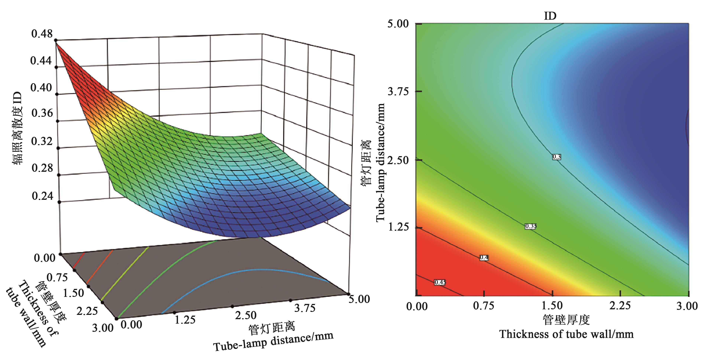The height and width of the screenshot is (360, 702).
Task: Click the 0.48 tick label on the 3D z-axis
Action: [x=42, y=34]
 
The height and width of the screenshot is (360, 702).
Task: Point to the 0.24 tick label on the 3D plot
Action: [x=42, y=196]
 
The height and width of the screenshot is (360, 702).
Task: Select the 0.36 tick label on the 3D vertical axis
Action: [x=42, y=113]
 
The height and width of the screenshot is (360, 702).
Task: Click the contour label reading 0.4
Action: [x=484, y=257]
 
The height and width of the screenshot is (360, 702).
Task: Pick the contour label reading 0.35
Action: [x=531, y=226]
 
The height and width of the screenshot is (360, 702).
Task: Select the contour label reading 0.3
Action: [x=556, y=157]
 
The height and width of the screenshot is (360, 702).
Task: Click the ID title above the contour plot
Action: [x=550, y=16]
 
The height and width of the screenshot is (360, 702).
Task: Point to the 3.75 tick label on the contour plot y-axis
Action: [x=398, y=91]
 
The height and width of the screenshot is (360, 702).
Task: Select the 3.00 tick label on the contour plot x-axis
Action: [x=687, y=306]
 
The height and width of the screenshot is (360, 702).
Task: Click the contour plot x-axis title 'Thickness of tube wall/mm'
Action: [x=566, y=334]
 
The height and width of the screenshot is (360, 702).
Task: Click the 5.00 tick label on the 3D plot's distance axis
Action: [x=359, y=299]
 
